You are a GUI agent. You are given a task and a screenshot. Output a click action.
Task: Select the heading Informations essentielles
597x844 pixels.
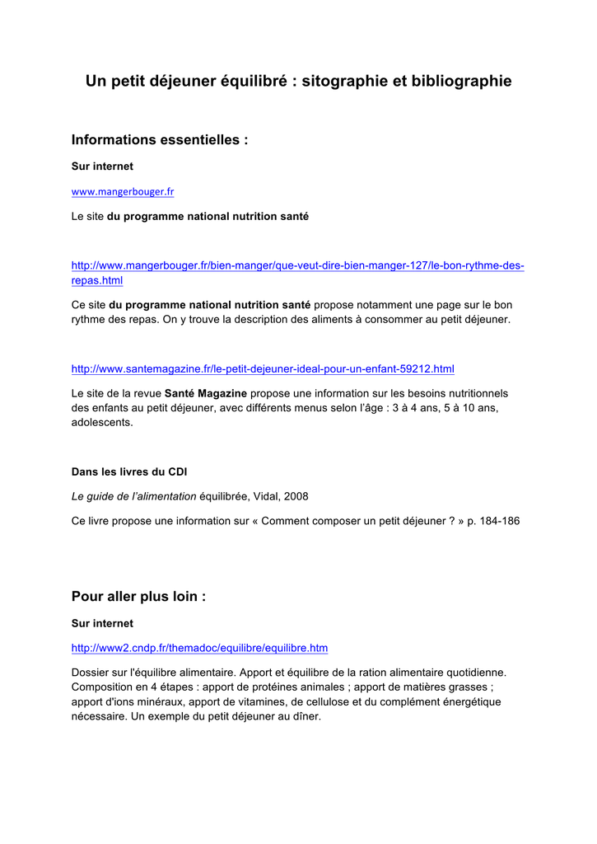pos(160,140)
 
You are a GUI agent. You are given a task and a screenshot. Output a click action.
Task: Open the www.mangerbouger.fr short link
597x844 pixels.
pos(123,192)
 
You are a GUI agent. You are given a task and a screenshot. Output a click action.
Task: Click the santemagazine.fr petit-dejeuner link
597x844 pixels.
pos(263,368)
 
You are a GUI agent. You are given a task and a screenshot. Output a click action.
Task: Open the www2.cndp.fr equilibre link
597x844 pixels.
pos(199,648)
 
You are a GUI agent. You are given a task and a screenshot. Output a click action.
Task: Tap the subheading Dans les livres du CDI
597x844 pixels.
pos(129,472)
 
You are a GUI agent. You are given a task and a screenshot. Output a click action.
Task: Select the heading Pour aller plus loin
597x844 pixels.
pos(138,596)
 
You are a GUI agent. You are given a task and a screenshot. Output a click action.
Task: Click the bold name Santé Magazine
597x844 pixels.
pos(206,393)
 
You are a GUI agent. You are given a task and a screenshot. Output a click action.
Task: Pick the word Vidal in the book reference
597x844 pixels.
pos(262,497)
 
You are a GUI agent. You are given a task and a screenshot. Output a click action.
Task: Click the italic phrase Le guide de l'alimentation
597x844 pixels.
pos(134,497)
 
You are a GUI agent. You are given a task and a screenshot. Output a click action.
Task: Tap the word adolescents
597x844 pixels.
pos(102,423)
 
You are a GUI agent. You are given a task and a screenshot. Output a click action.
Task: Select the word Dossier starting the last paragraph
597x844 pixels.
pos(91,673)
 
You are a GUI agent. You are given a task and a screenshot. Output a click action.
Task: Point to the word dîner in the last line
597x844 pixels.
pos(305,717)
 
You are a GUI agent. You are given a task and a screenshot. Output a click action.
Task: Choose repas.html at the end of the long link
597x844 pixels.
pos(97,281)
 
